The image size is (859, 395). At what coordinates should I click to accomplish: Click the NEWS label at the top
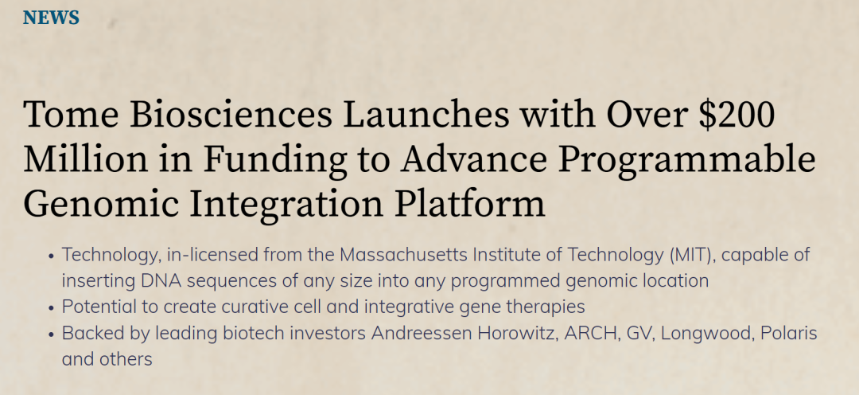click(51, 18)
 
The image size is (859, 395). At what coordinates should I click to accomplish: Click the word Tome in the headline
click(71, 115)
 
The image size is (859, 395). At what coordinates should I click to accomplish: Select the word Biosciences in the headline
click(231, 114)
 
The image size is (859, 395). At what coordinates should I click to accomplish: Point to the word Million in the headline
click(85, 158)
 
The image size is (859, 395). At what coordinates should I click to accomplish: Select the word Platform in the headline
click(470, 202)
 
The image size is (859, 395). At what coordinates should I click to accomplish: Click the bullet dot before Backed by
click(51, 334)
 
